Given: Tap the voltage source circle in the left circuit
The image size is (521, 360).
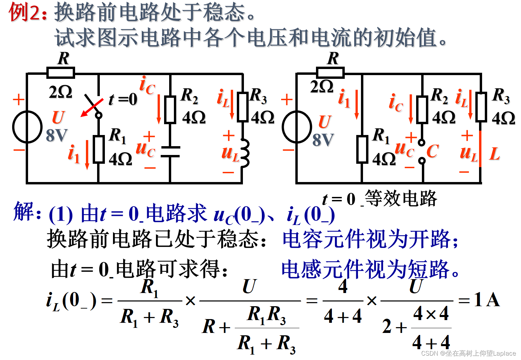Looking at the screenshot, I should (27, 127).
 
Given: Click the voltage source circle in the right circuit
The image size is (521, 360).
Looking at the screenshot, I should (297, 127).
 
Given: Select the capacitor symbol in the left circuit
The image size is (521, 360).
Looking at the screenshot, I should (170, 152).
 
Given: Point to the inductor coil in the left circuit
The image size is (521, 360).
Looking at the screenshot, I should (244, 153).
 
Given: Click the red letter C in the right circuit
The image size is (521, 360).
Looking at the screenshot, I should (432, 151).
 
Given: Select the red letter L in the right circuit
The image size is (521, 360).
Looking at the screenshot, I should (494, 154).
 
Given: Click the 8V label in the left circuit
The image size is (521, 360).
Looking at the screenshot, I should (57, 135).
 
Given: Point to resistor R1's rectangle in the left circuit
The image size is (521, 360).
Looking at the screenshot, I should (98, 149).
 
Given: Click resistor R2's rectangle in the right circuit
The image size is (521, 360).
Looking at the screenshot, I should (422, 109).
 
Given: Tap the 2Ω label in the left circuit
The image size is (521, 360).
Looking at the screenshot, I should (61, 92).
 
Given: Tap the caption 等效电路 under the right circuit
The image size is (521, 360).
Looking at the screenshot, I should (401, 199).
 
